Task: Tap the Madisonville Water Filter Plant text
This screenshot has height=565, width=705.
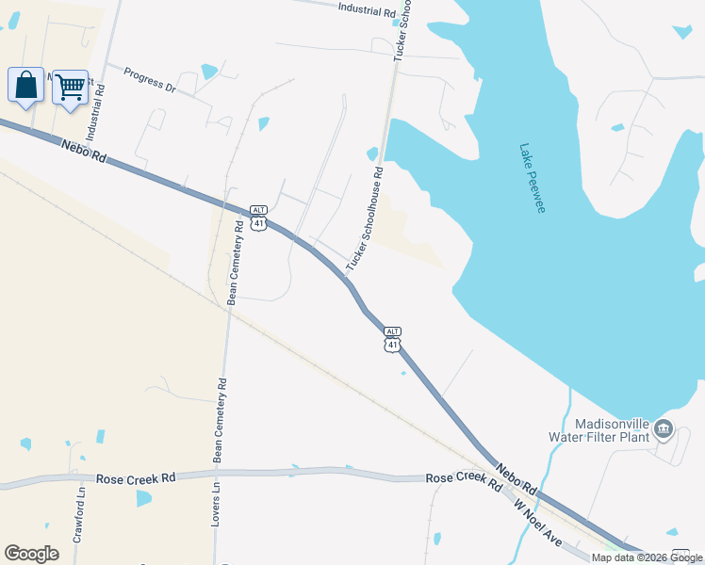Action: [599, 429]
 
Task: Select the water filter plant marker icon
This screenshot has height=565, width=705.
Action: [663, 429]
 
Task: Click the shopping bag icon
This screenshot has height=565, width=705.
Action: [25, 86]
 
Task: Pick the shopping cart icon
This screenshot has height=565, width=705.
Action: [70, 88]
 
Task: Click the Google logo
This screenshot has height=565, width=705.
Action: [31, 554]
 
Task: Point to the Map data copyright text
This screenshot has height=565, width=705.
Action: [648, 557]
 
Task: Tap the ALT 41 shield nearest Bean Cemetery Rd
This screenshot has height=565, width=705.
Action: [258, 218]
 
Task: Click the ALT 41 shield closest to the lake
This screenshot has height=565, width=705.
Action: [392, 339]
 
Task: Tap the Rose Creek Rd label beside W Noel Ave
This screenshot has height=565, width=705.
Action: [463, 479]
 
